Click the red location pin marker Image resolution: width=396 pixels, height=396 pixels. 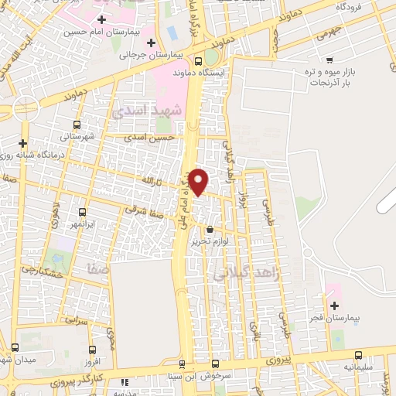click(200, 180)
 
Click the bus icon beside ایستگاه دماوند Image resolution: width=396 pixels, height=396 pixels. click(200, 61)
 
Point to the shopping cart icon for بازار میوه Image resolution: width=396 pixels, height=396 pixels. click(330, 60)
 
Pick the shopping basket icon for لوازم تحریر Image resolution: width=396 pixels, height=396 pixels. click(210, 228)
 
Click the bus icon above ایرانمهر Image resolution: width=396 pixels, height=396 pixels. click(82, 211)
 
